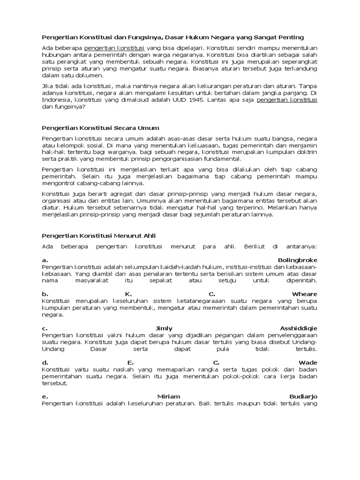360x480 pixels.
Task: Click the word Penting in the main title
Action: [x=291, y=37]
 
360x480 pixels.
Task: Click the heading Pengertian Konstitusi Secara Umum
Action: [x=100, y=127]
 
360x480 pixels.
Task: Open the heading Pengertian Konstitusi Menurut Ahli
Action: [x=98, y=235]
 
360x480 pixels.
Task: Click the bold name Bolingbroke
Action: [x=297, y=260]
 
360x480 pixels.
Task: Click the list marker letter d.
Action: [x=45, y=362]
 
